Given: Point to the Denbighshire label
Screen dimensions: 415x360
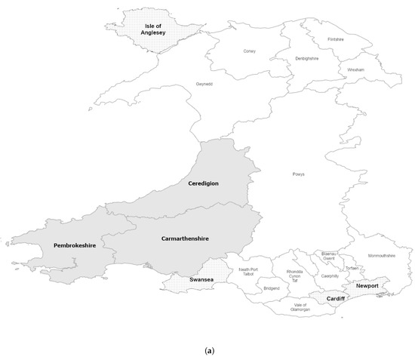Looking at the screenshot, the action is [306, 59].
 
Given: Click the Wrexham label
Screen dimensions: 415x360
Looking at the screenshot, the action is [356, 69].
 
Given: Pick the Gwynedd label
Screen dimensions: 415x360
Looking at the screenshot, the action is [204, 84].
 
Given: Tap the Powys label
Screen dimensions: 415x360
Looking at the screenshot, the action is [299, 174].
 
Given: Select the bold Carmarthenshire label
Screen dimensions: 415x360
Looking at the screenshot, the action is [185, 238].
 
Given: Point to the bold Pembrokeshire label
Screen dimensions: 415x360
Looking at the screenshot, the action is [74, 246].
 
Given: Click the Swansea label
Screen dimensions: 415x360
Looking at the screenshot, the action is [202, 279].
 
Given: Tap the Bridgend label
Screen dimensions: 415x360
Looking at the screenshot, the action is [272, 288].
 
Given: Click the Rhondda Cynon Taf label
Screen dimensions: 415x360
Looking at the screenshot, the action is [297, 275].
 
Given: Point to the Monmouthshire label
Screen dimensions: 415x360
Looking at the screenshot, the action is [381, 256].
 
